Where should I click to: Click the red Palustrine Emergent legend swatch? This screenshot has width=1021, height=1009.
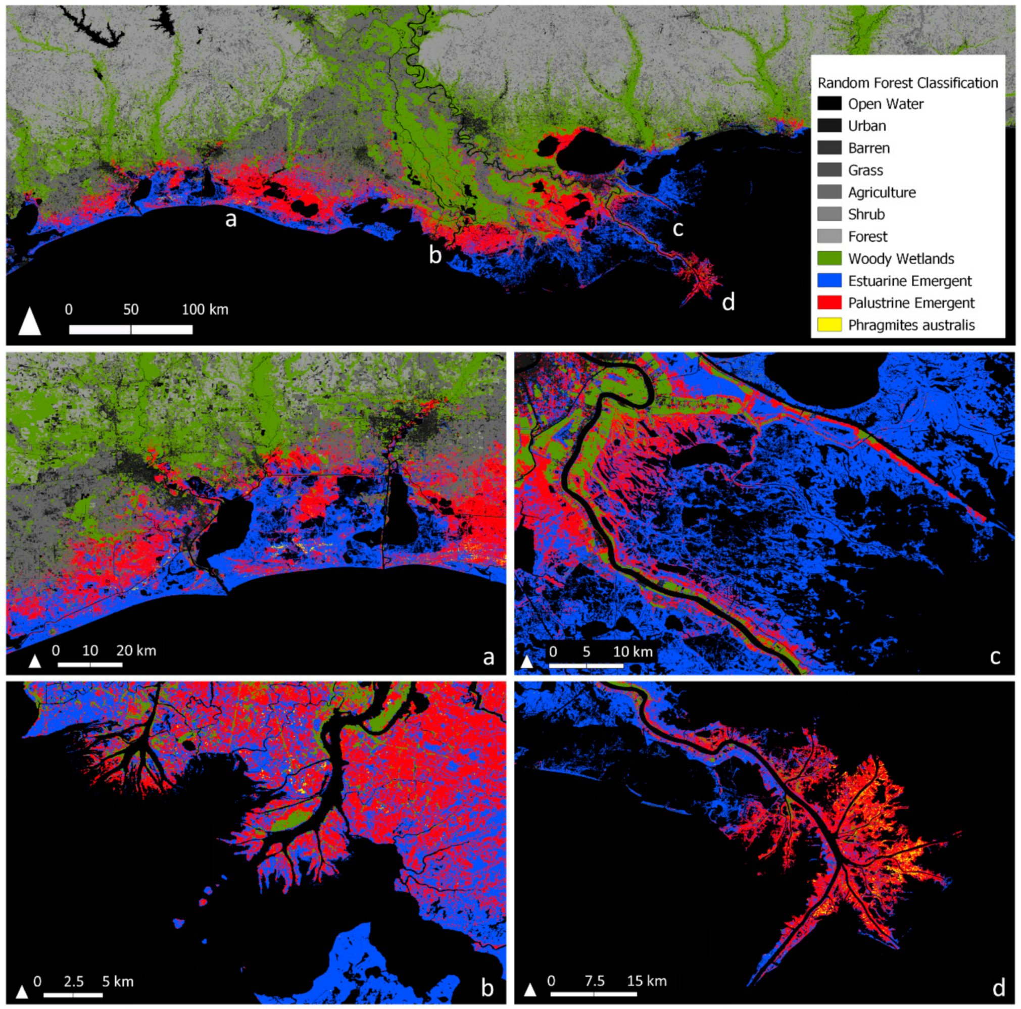(x=829, y=302)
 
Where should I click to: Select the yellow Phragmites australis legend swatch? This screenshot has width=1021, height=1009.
(x=829, y=325)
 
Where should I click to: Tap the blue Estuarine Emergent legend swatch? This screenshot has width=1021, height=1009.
(x=829, y=280)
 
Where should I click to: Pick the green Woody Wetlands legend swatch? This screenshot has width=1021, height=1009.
(x=829, y=259)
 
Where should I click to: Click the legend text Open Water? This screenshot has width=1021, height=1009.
(x=886, y=104)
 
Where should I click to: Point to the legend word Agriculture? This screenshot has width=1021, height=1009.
(x=882, y=192)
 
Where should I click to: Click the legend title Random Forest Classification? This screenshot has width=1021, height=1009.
(x=907, y=83)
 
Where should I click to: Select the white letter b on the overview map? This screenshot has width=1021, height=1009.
(x=435, y=255)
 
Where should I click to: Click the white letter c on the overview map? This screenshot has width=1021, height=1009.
(x=678, y=229)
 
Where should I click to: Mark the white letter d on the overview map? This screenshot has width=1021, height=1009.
(x=728, y=302)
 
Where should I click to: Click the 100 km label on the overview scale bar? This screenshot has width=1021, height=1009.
(x=205, y=310)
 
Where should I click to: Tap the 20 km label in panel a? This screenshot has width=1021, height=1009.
(x=136, y=650)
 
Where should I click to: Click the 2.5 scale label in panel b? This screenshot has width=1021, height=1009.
(x=73, y=982)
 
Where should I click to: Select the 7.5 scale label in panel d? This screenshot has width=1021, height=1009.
(x=595, y=981)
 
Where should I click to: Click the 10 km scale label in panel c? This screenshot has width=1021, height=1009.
(x=633, y=651)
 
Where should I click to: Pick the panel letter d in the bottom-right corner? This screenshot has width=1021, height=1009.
(x=998, y=987)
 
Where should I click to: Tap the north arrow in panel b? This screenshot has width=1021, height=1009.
(x=22, y=992)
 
